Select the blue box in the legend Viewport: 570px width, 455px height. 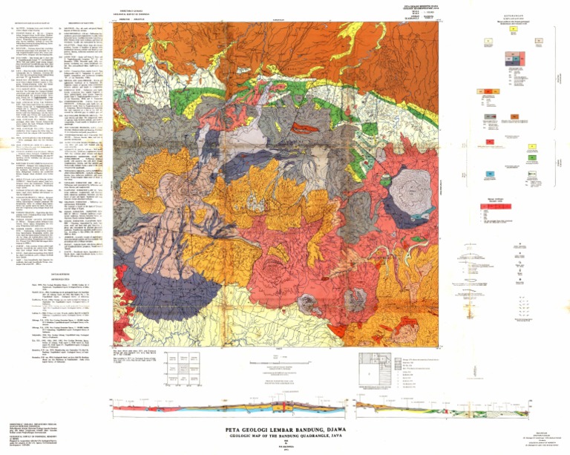click(490, 173)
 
